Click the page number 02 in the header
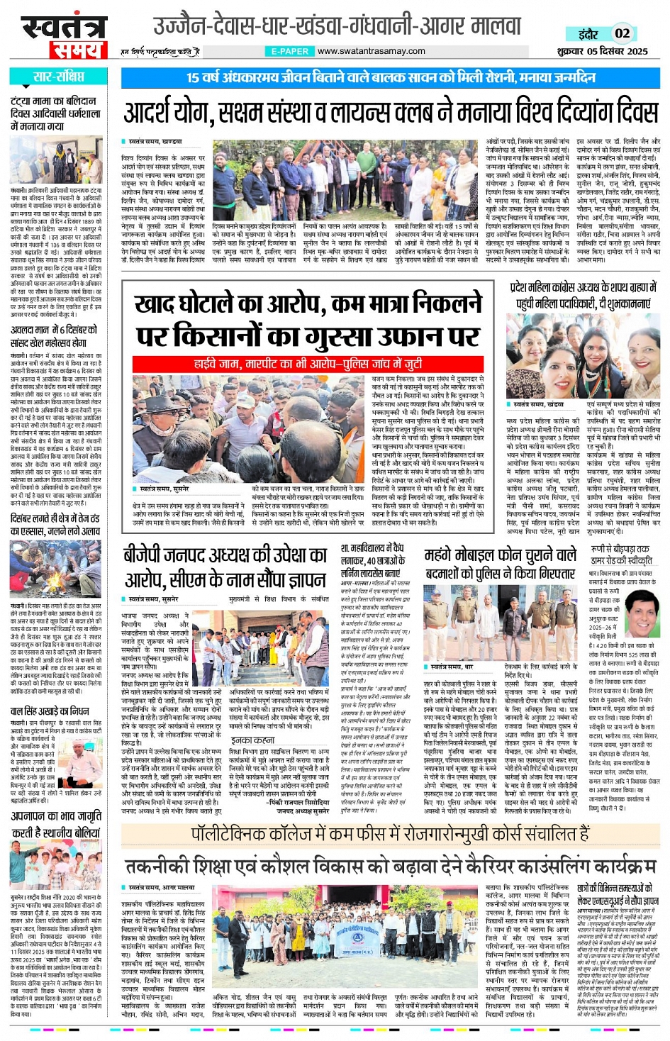pyautogui.click(x=622, y=33)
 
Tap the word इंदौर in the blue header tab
pyautogui.click(x=588, y=34)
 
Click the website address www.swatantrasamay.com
pyautogui.click(x=371, y=51)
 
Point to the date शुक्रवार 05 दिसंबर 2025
pyautogui.click(x=602, y=51)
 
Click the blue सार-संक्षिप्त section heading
pyautogui.click(x=57, y=77)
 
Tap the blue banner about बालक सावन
pyautogui.click(x=391, y=77)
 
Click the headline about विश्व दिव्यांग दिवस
pyautogui.click(x=391, y=113)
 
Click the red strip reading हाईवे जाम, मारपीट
pyautogui.click(x=308, y=364)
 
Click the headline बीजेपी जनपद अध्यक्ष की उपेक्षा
pyautogui.click(x=225, y=567)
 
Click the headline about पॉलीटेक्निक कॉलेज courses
pyautogui.click(x=391, y=834)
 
